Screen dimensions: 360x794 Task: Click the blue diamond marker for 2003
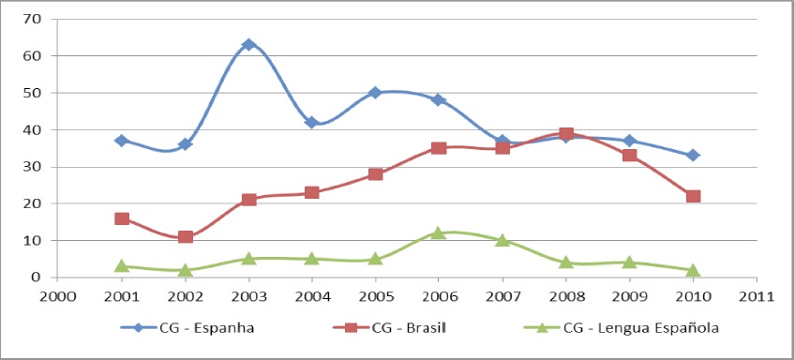(x=248, y=45)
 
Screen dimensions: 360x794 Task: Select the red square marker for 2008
(x=566, y=134)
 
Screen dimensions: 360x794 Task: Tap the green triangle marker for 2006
(x=439, y=232)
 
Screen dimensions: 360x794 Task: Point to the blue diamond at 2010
(x=693, y=156)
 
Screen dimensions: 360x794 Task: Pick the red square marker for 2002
(x=186, y=236)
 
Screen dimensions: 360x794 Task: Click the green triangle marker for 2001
(x=122, y=265)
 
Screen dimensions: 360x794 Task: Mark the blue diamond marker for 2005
(x=375, y=93)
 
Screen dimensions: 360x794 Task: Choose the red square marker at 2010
(x=693, y=196)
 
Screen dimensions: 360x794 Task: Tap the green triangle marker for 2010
(x=693, y=270)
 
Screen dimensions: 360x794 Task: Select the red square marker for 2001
(x=122, y=218)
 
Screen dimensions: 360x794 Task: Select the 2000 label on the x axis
(x=58, y=297)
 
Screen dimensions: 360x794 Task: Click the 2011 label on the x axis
(x=756, y=297)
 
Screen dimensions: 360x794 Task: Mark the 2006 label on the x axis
(x=439, y=297)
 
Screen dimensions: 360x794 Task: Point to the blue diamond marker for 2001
(x=122, y=141)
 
